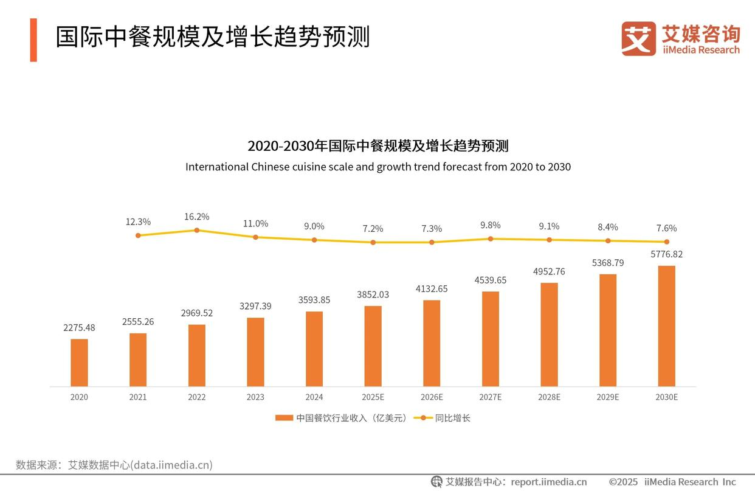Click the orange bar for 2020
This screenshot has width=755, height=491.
79,363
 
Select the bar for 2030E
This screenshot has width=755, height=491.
666,326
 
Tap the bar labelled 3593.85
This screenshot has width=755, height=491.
314,349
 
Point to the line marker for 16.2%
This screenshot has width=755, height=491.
196,230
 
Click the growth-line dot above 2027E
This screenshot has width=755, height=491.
491,239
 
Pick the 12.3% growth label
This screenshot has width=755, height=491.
138,222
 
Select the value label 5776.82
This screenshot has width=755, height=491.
666,254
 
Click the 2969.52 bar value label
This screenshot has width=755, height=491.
196,313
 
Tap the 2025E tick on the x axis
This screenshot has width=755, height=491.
373,397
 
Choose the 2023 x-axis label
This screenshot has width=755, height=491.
255,397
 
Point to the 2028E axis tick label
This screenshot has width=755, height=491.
549,397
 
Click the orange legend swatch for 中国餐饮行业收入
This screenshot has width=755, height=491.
284,418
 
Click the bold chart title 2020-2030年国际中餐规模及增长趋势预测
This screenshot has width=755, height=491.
377,146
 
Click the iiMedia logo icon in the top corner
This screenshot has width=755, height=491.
638,39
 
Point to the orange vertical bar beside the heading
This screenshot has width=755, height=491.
33,40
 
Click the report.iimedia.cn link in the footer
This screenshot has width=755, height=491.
549,482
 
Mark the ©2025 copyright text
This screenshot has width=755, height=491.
623,482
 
